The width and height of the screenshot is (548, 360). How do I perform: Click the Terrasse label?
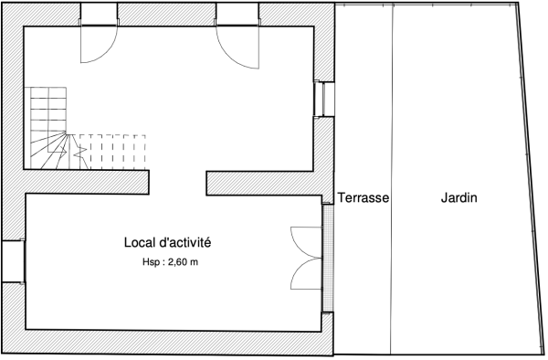[364, 198]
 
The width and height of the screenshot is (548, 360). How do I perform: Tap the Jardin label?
[458, 198]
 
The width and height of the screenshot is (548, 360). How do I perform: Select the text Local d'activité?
[167, 242]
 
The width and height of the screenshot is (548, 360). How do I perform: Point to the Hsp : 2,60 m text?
[170, 262]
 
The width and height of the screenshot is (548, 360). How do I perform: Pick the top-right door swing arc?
[227, 56]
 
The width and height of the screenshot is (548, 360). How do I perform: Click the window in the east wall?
[323, 99]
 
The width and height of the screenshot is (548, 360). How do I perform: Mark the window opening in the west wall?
[14, 260]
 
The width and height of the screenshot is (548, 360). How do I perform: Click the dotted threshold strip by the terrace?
[328, 258]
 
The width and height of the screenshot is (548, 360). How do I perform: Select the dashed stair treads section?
[112, 152]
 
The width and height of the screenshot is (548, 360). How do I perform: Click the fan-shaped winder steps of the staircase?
[49, 150]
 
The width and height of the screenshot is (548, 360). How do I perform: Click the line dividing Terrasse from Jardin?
[392, 179]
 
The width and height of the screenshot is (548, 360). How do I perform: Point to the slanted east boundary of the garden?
[531, 178]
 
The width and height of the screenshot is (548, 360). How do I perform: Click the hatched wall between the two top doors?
[167, 15]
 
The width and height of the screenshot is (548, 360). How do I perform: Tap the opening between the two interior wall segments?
[178, 183]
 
